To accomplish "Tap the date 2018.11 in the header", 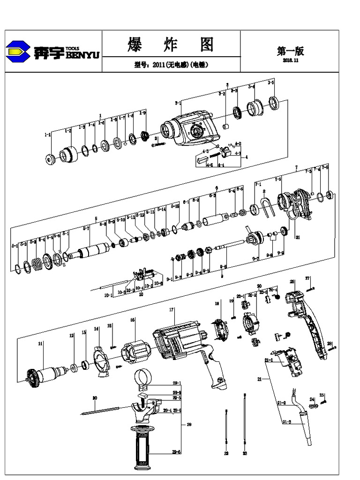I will pyautogui.click(x=291, y=60).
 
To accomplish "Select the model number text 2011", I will pyautogui.click(x=157, y=65).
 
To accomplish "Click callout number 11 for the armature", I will pyautogui.click(x=41, y=344).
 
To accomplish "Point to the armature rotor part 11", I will pyautogui.click(x=52, y=374).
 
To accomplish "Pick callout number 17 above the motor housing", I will pyautogui.click(x=172, y=310).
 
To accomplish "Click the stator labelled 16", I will pyautogui.click(x=135, y=352).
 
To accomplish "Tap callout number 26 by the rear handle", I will pyautogui.click(x=292, y=282).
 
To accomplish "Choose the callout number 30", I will pyautogui.click(x=95, y=398).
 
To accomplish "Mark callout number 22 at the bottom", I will pyautogui.click(x=226, y=454).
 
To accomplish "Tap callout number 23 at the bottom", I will pyautogui.click(x=245, y=454).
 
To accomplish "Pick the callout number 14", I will pyautogui.click(x=97, y=329).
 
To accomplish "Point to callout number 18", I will pyautogui.click(x=217, y=304).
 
